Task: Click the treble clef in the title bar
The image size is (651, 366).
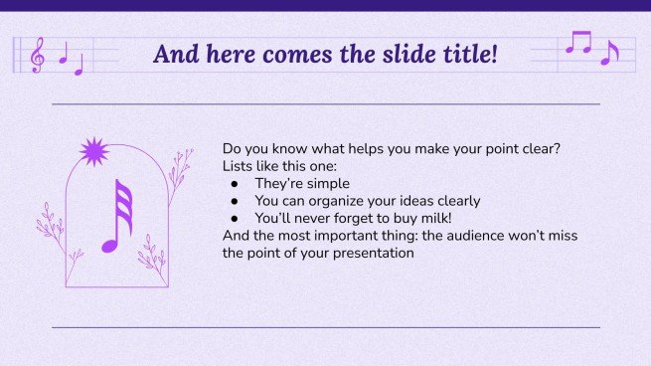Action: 38,55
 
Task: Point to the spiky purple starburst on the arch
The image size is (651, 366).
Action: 94,151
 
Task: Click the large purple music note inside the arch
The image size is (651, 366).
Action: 117,216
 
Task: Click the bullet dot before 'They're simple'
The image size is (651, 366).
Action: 235,184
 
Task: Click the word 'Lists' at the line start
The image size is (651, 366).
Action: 239,166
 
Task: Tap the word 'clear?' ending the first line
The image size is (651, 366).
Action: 539,149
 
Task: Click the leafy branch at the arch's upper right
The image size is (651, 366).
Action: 179,175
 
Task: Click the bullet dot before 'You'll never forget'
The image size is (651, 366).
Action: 235,218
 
